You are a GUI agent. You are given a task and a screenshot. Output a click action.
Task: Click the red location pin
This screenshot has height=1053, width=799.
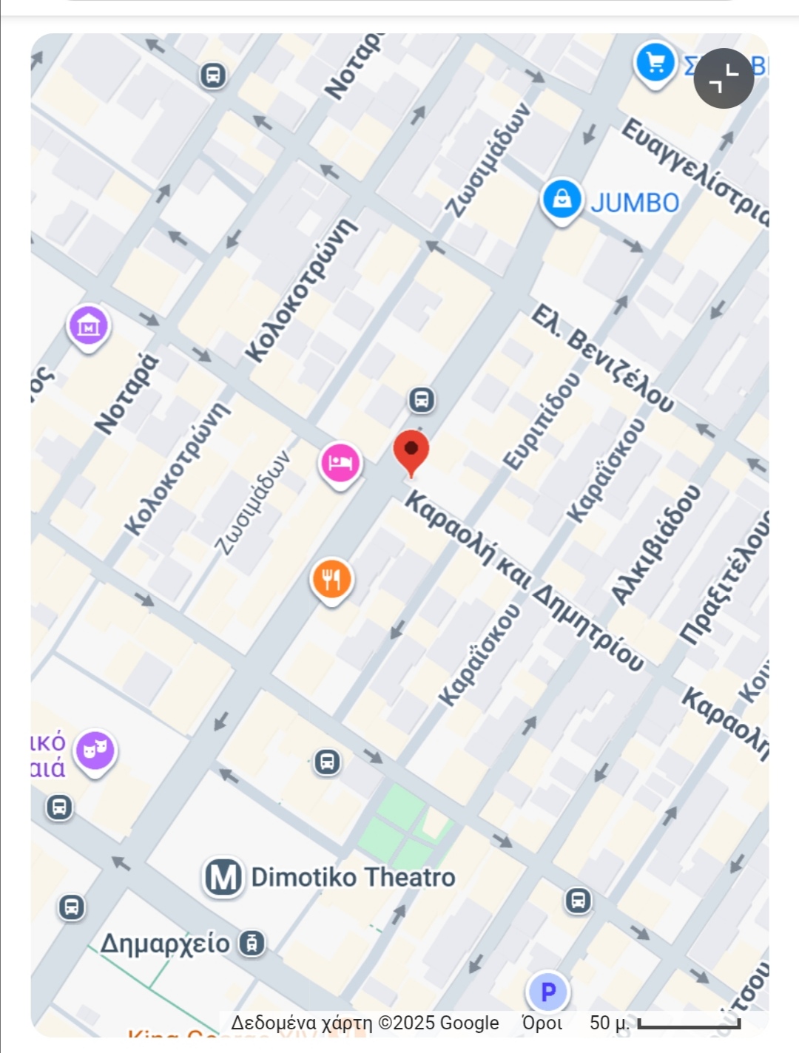tap(411, 452)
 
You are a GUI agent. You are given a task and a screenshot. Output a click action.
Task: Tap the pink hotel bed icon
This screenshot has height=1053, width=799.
tap(340, 463)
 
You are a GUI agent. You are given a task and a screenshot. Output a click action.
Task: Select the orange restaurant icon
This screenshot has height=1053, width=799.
tap(331, 578)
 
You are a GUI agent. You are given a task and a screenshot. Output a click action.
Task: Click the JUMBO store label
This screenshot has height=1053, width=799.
tap(635, 203)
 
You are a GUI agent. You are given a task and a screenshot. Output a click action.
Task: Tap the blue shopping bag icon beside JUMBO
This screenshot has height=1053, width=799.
tap(562, 199)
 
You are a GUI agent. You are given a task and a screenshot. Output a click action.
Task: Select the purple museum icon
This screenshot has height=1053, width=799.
tap(88, 325)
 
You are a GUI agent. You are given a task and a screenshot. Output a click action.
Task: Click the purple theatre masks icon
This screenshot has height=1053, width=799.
tap(95, 750)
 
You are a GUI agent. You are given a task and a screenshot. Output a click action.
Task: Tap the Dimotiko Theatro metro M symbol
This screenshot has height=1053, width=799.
tap(223, 878)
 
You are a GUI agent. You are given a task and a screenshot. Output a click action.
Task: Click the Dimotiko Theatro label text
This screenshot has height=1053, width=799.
tap(353, 878)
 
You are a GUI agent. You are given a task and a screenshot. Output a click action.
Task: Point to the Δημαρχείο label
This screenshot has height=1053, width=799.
tap(164, 944)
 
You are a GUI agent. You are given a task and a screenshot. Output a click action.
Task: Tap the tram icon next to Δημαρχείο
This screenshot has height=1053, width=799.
tap(252, 944)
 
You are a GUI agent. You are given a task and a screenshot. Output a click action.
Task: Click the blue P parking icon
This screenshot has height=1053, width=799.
tap(547, 992)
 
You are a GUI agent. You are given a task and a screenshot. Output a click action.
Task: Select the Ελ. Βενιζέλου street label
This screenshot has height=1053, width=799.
tap(602, 359)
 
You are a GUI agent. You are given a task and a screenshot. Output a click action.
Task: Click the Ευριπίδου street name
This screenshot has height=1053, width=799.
tap(542, 420)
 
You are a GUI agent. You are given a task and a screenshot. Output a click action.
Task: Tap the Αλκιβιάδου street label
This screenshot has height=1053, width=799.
tap(655, 545)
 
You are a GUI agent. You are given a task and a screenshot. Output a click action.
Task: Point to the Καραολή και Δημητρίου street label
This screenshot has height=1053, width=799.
tap(524, 581)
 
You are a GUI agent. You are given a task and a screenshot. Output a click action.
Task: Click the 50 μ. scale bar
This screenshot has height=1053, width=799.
tap(688, 1024)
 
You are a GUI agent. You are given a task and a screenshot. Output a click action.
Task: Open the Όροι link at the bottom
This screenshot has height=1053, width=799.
tap(542, 1023)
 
